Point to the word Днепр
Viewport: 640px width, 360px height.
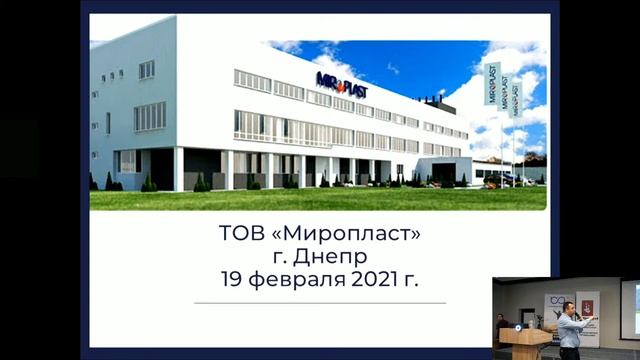click(x=336, y=257)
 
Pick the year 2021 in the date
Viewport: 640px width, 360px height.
click(x=375, y=280)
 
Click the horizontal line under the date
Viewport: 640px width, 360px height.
click(x=320, y=302)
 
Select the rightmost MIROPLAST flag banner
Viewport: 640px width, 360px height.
click(x=516, y=98)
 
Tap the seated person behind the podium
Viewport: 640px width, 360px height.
click(x=501, y=324)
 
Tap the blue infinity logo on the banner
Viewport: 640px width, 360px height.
click(x=556, y=300)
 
